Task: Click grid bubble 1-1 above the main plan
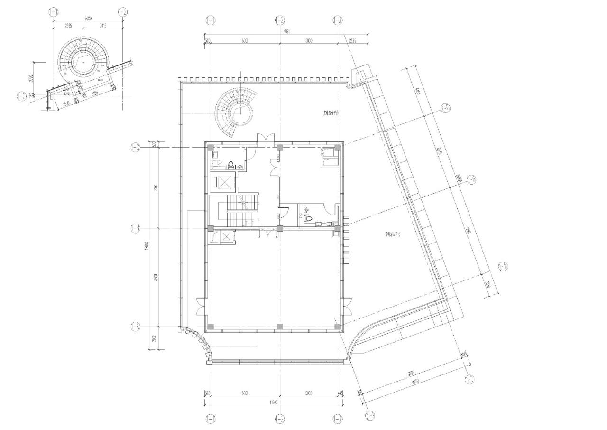point(211,20)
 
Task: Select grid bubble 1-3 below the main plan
point(337,419)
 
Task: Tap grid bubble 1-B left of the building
point(135,229)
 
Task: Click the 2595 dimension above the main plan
point(353,41)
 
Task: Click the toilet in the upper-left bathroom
point(231,165)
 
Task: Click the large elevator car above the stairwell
point(222,182)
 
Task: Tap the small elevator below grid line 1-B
point(227,236)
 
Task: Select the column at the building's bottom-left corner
point(211,327)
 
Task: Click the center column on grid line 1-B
point(280,228)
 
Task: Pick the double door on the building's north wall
point(264,138)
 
